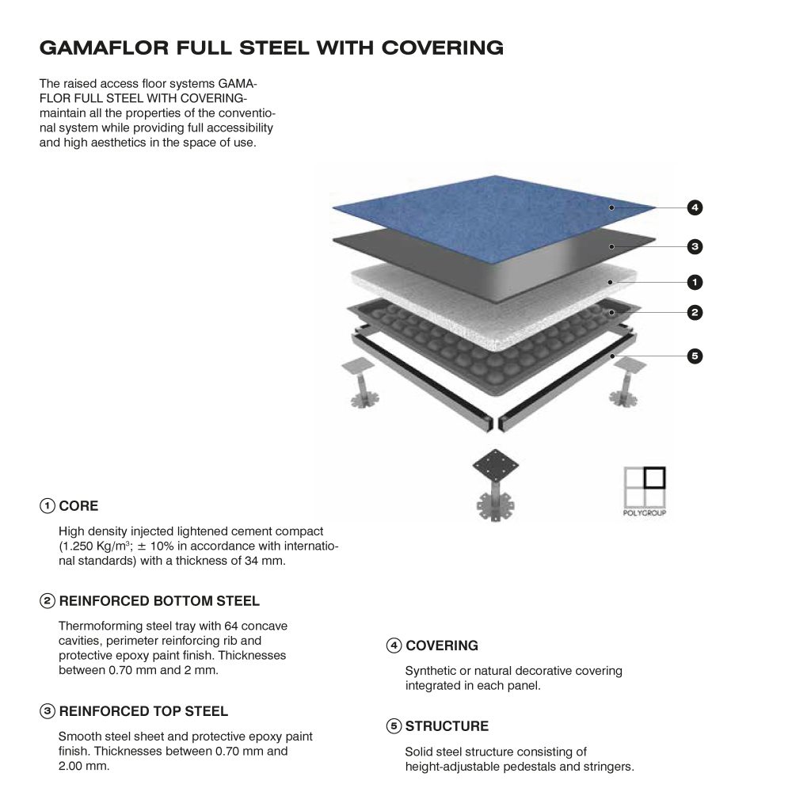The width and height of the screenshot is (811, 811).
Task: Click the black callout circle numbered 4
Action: [695, 208]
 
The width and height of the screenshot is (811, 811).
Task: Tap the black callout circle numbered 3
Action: [695, 246]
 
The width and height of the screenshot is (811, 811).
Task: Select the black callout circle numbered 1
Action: [695, 282]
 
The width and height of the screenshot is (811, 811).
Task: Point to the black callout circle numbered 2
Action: [695, 312]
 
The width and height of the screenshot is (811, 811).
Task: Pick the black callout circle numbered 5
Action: [695, 356]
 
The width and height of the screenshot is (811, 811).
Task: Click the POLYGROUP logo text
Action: [645, 512]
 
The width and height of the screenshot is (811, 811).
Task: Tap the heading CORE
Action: [78, 506]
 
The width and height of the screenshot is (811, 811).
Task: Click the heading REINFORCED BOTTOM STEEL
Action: [159, 601]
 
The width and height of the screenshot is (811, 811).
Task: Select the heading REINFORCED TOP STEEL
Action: [143, 711]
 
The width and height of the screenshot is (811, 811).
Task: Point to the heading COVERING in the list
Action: [442, 645]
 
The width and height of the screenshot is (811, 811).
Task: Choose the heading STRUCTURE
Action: [447, 726]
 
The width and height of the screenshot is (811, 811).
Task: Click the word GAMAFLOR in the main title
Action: [104, 48]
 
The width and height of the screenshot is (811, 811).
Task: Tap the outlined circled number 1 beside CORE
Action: [47, 506]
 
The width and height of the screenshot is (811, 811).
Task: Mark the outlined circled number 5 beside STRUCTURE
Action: [394, 726]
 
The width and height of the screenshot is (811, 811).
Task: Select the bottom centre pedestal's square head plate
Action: [496, 465]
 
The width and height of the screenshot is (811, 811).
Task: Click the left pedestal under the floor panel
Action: [361, 383]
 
